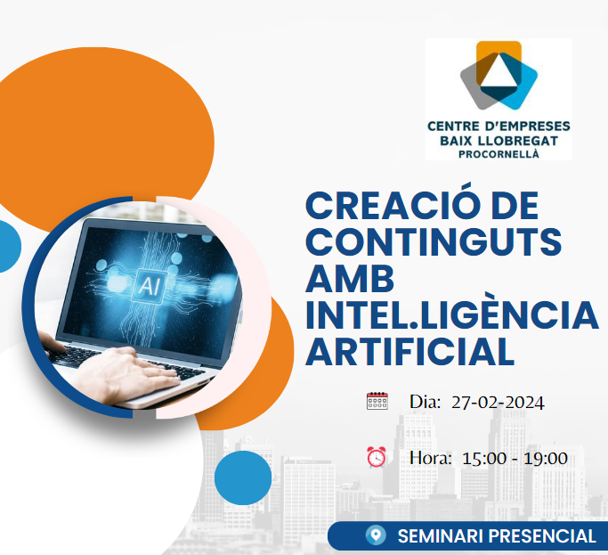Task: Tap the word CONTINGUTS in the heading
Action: coord(434,241)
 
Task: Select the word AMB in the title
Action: coord(350,279)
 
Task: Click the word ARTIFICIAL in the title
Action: coord(409,352)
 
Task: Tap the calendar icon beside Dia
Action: coord(377,401)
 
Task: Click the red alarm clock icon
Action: coord(377,457)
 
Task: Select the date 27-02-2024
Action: coord(498,403)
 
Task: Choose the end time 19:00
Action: coord(546,459)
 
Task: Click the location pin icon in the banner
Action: coord(376,535)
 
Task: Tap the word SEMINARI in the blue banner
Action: coord(440,536)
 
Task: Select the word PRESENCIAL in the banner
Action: coord(542,536)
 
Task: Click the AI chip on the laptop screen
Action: coord(150,287)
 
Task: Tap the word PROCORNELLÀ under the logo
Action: coord(499,154)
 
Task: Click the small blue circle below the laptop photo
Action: coord(243,477)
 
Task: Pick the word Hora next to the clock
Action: coord(431,459)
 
